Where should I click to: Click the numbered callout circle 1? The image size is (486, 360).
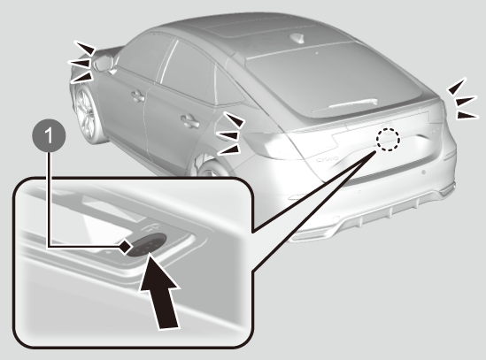49,135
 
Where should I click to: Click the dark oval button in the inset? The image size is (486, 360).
147,244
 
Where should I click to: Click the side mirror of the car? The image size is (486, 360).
104,63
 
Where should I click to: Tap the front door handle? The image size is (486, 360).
138,96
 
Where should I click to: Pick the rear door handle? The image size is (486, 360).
189,121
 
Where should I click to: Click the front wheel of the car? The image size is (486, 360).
84,114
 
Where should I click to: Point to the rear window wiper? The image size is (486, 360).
345,104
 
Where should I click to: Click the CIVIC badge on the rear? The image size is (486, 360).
328,159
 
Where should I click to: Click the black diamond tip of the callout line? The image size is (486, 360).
125,247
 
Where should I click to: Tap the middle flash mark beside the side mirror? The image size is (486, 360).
80,63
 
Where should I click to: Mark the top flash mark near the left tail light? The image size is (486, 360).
234,119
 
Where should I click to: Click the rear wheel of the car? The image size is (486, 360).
211,168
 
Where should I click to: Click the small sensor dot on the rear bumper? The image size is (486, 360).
423,172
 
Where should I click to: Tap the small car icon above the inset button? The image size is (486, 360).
150,228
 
